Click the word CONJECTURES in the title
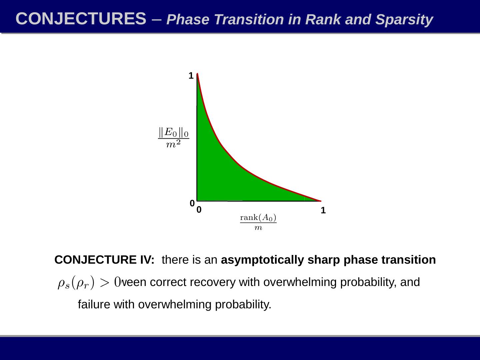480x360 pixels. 81,19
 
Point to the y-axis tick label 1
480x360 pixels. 191,76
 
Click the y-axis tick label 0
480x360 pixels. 192,203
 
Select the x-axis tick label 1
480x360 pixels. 323,210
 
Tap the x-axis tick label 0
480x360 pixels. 199,210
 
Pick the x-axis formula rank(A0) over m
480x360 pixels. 258,222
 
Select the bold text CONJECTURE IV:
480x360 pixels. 104,260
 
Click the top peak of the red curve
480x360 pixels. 197,74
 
